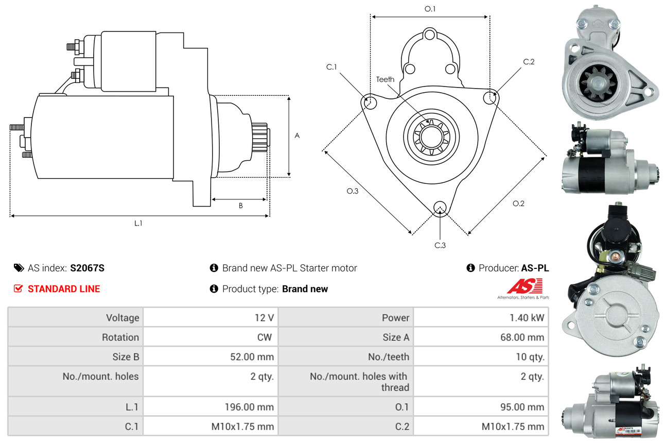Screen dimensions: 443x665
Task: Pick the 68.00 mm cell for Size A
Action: (x=522, y=337)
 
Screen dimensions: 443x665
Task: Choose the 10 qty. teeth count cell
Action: (x=530, y=356)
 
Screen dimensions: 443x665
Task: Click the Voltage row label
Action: (x=122, y=318)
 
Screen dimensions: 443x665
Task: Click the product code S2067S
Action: (x=87, y=268)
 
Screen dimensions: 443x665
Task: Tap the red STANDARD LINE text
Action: (x=64, y=289)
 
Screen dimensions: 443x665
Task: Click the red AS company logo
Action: (x=524, y=286)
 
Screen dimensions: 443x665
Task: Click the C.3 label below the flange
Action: (x=440, y=245)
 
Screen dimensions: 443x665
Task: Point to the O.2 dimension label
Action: (x=518, y=203)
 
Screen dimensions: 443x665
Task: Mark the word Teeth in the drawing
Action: (x=385, y=79)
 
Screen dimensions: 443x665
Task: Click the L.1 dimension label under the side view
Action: (x=138, y=223)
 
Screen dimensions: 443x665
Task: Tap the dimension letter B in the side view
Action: (x=240, y=206)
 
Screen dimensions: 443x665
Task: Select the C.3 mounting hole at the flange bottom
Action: (x=440, y=208)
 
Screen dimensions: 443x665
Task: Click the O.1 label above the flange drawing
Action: (x=430, y=9)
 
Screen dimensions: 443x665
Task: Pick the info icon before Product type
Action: (x=214, y=289)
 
